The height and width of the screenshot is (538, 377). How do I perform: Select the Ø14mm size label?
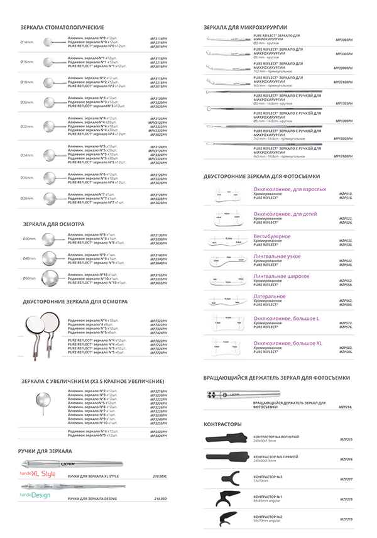[27, 42]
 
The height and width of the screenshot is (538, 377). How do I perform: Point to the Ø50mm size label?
[29, 277]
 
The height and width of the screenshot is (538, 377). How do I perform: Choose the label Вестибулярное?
[272, 236]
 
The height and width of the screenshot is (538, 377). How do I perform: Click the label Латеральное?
[270, 296]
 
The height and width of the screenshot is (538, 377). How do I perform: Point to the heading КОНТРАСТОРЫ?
[223, 424]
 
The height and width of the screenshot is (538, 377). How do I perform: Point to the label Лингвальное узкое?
[276, 256]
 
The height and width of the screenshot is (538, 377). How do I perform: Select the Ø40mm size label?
[29, 258]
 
